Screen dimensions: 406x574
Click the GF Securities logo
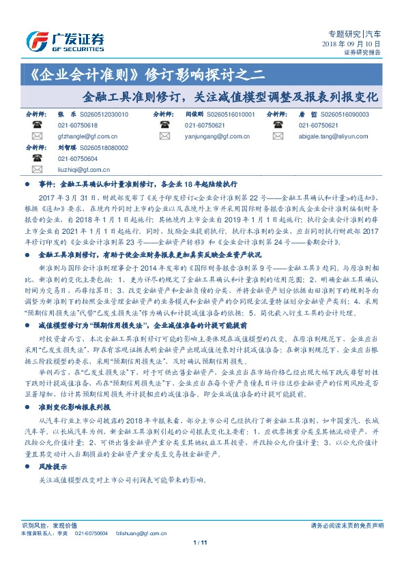click(66, 42)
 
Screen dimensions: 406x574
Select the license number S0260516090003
click(345, 115)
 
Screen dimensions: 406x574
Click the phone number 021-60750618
click(78, 125)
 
